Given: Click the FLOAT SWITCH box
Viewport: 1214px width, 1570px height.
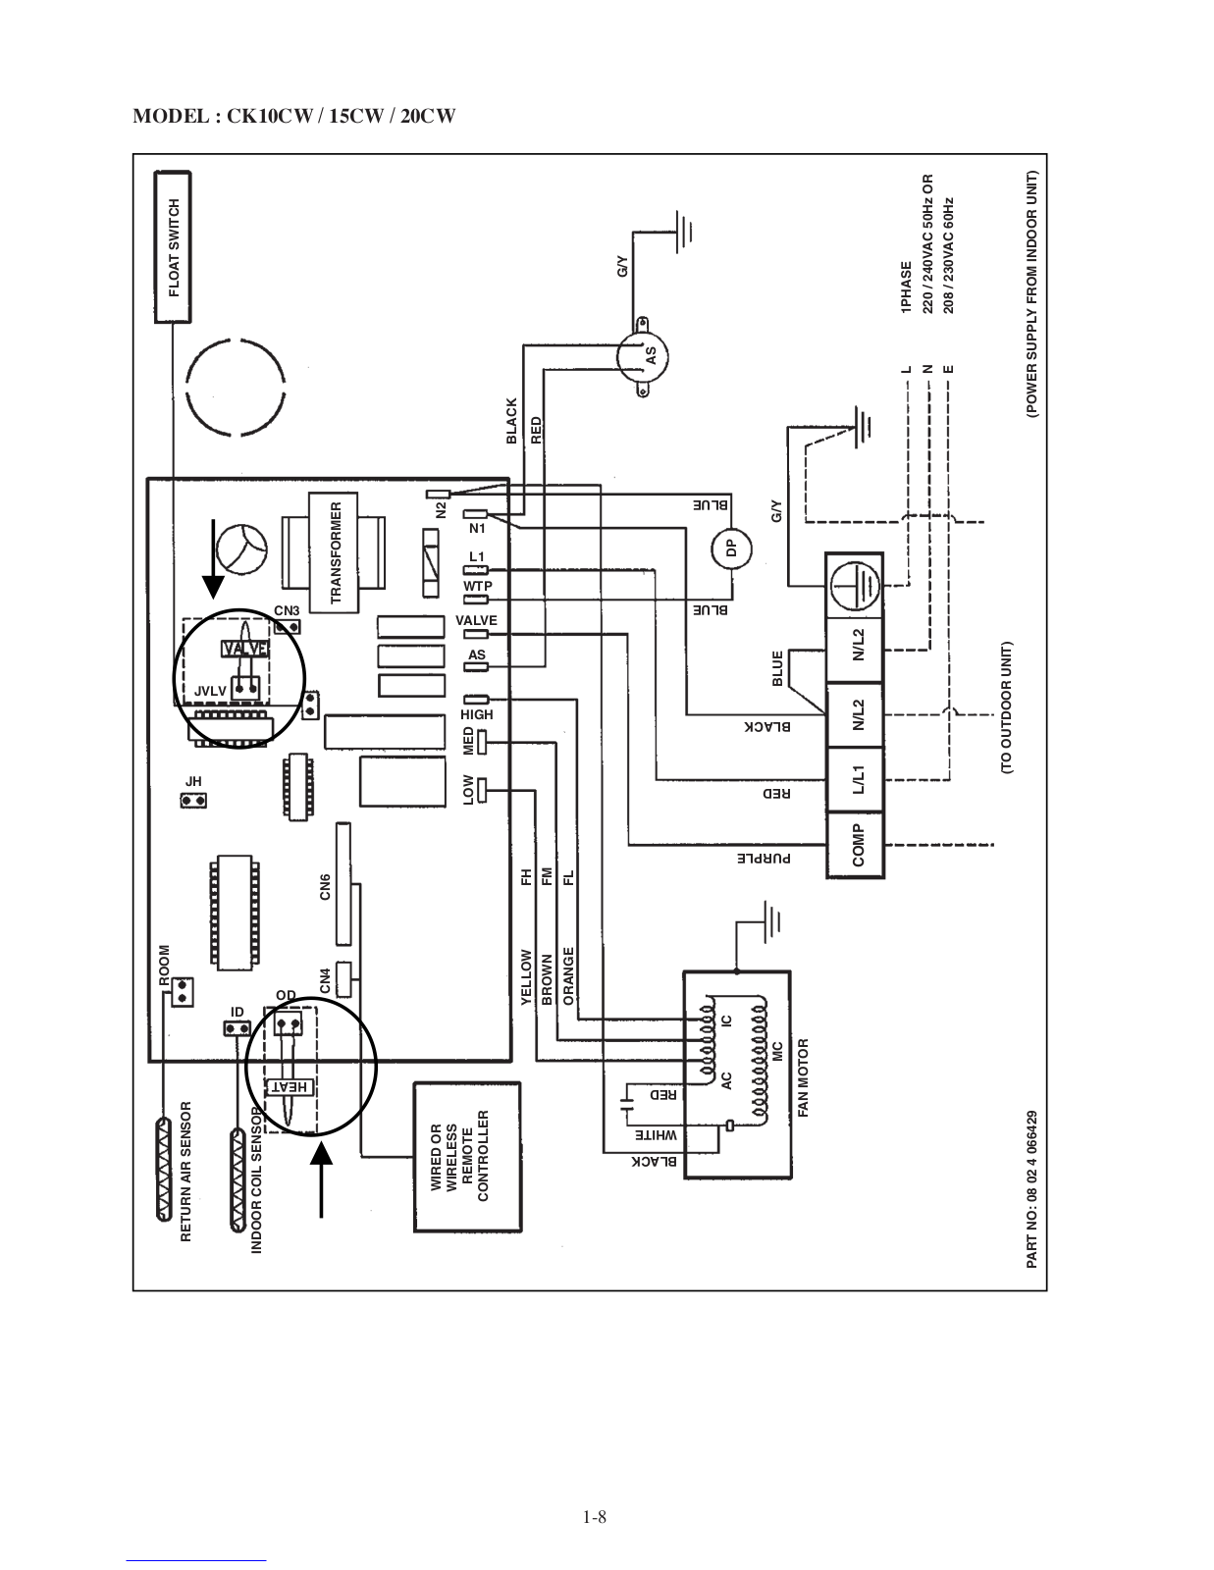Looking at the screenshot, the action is (174, 247).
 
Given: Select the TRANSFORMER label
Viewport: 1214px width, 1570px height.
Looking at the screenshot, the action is (336, 552).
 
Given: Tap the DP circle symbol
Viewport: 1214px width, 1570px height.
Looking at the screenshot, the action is (731, 549).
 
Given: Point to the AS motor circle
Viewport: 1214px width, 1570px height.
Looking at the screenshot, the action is (643, 357).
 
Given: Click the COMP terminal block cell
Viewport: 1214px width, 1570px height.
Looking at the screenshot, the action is (856, 845).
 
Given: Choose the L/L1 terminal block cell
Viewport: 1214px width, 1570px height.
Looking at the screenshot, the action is (856, 779).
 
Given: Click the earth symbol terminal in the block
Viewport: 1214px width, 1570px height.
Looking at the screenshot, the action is (855, 586).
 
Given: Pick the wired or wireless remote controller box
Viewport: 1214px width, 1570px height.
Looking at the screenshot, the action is (467, 1156).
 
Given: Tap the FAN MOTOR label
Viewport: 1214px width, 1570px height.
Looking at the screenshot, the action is (803, 1078).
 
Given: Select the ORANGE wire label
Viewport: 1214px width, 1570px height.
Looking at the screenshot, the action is (568, 975).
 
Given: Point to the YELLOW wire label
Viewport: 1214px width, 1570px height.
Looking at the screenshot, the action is (526, 976).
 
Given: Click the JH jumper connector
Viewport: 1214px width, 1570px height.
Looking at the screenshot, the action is (193, 801).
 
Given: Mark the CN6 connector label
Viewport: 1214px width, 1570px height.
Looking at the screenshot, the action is (325, 886).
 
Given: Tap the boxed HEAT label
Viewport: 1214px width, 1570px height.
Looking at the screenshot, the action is (289, 1086).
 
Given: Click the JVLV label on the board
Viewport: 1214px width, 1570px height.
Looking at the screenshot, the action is (210, 691).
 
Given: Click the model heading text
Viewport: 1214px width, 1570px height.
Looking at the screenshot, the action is (294, 117).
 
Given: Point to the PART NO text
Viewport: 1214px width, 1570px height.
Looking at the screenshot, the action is (1031, 1189).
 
